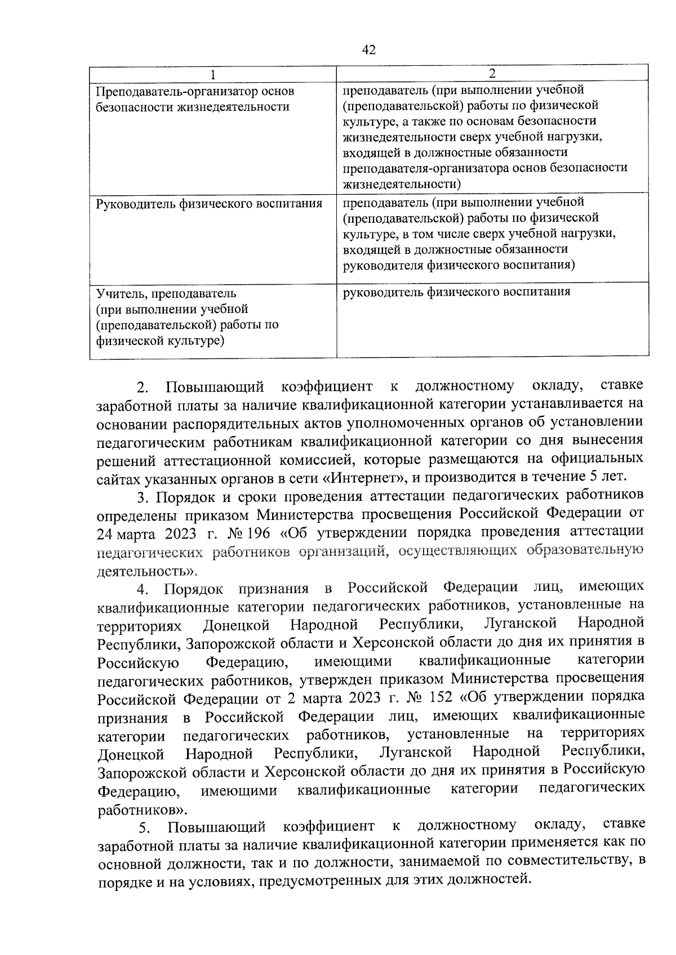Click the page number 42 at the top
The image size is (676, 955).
368,50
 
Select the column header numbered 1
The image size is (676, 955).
212,74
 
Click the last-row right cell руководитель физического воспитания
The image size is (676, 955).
456,292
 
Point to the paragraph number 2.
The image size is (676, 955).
143,388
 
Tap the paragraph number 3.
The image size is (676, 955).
143,497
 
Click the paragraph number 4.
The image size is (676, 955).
143,589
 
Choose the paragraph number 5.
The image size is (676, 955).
145,827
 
